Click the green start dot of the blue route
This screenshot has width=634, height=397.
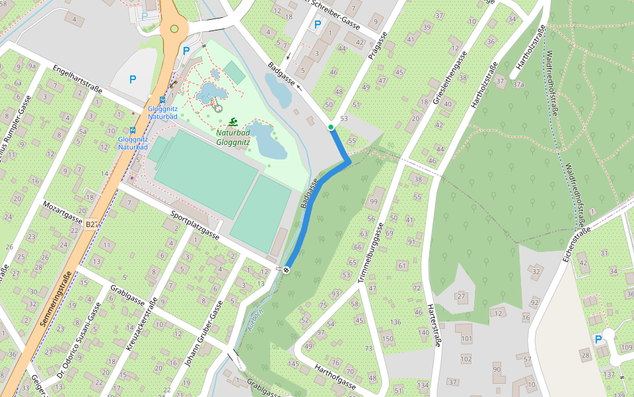[x=331, y=126]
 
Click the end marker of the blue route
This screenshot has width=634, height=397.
[x=287, y=269]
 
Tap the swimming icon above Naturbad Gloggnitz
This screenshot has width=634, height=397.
[x=232, y=122]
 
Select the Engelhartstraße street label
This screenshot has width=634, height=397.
[x=77, y=79]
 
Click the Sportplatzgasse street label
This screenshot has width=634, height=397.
[x=195, y=225]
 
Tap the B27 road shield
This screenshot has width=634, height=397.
[x=92, y=225]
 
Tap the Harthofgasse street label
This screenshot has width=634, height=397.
[x=335, y=377]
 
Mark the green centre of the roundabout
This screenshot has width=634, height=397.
[x=174, y=28]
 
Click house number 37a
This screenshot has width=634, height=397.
[x=518, y=84]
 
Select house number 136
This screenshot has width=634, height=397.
[x=396, y=322]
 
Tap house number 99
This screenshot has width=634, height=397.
[x=374, y=202]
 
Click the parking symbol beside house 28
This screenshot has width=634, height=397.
[x=598, y=339]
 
